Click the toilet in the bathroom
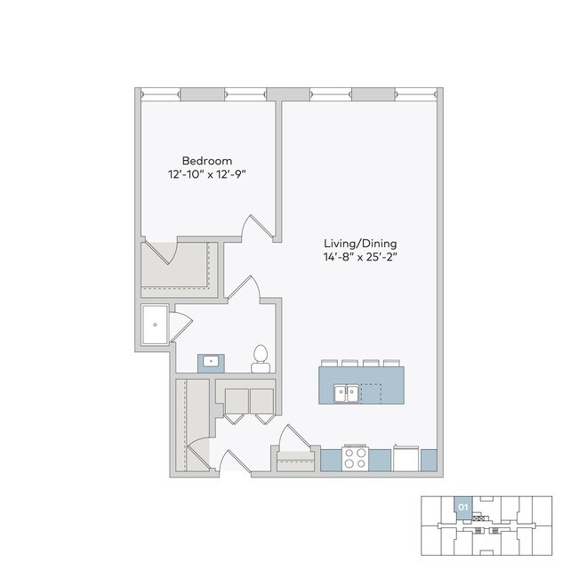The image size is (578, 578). click(x=261, y=357)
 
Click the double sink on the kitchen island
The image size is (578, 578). click(x=345, y=391)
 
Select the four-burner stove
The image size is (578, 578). click(x=356, y=458)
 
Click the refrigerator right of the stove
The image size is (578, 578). click(x=405, y=458)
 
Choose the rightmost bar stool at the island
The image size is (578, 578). click(x=392, y=362)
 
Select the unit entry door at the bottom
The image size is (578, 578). click(x=233, y=462)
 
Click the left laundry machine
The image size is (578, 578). click(x=236, y=401)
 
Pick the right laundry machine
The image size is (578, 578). click(x=262, y=401)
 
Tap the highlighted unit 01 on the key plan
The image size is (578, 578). click(x=462, y=508)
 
